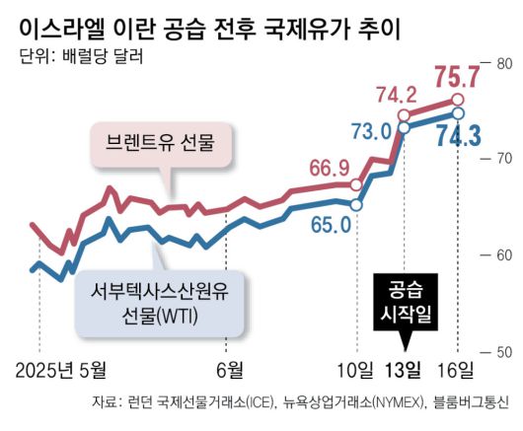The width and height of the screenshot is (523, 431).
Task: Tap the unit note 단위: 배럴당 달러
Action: (81, 55)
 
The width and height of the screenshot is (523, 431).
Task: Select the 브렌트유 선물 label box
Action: (160, 146)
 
